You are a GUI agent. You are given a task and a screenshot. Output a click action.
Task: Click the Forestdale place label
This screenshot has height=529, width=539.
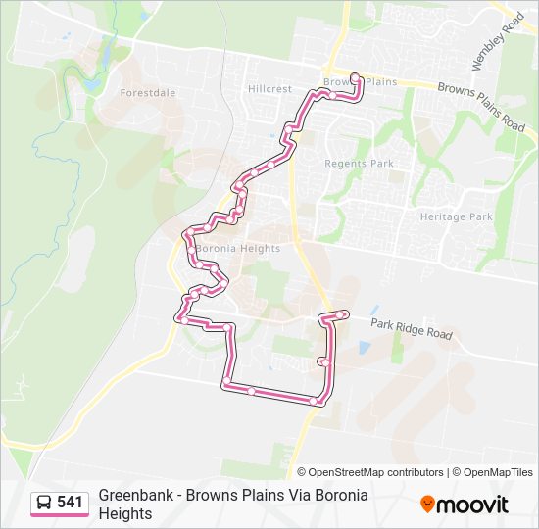(x=147, y=93)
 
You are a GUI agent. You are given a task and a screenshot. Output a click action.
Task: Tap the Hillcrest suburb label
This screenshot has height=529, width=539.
(x=269, y=88)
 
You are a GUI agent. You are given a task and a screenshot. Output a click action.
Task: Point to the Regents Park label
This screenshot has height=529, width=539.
(x=358, y=164)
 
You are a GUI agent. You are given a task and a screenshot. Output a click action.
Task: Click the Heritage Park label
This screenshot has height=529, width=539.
(x=456, y=216)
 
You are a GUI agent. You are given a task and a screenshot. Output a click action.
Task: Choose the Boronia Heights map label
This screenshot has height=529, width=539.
(x=238, y=248)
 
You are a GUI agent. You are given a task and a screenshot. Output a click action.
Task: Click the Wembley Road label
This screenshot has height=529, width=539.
(x=497, y=41)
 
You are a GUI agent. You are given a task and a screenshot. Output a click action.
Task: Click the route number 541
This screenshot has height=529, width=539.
(x=70, y=503)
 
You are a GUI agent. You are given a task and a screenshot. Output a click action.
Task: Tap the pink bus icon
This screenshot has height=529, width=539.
(x=44, y=503)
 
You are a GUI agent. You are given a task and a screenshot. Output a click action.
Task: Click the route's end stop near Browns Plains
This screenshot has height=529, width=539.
(x=355, y=77)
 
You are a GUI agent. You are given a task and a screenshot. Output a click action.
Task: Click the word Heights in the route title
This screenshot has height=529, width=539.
(x=125, y=513)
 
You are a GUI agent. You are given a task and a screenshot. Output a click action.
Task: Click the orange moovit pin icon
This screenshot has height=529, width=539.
(x=427, y=505)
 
